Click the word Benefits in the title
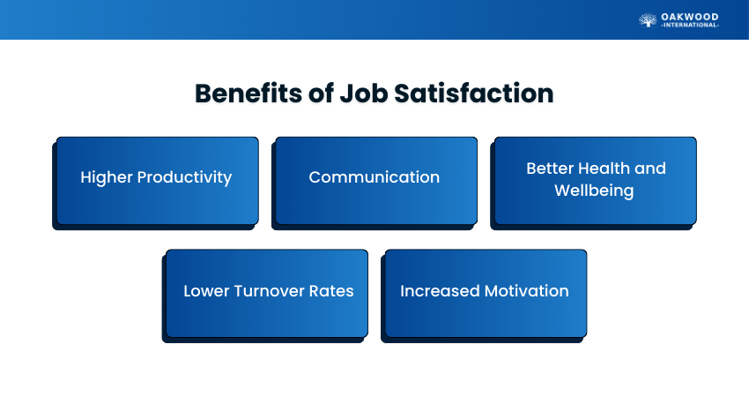[x=248, y=94]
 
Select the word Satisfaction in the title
[x=474, y=94]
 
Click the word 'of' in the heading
[x=321, y=94]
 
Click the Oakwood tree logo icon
[x=648, y=20]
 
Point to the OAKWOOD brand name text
[x=690, y=18]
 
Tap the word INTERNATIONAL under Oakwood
[x=690, y=25]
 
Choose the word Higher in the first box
[x=107, y=177]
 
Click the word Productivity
[x=184, y=177]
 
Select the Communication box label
[x=374, y=177]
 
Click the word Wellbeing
[x=594, y=191]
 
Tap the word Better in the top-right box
[x=550, y=169]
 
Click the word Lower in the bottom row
[x=206, y=291]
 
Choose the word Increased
[x=440, y=291]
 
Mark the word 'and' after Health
[x=650, y=169]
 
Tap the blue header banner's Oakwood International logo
[x=679, y=20]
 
